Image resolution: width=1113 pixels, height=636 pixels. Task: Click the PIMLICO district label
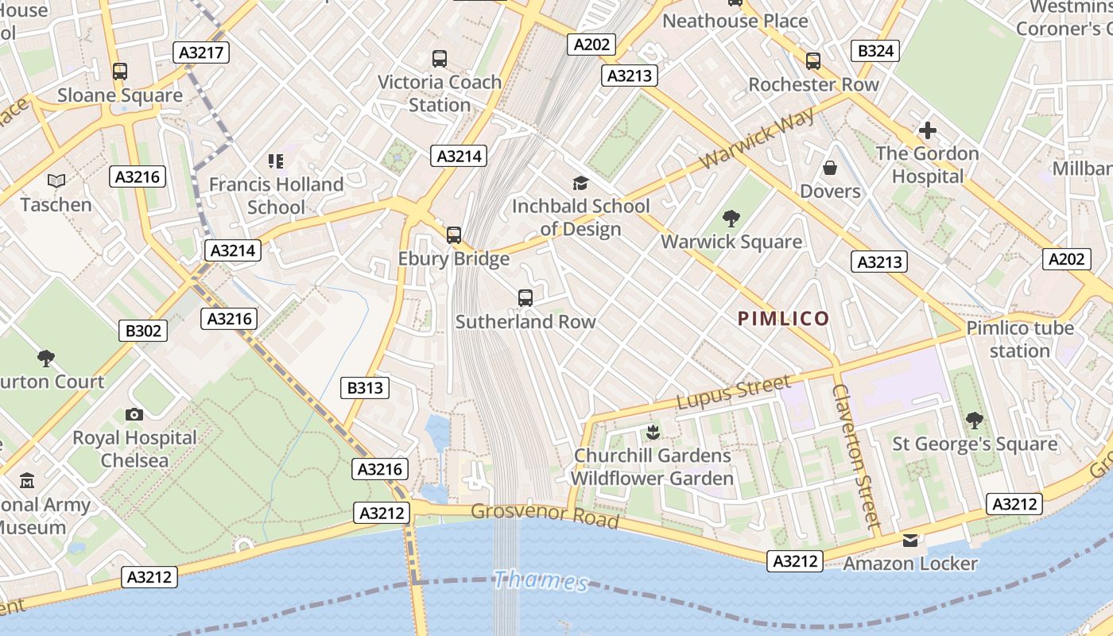[x=783, y=319]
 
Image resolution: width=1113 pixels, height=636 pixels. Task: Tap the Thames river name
[x=541, y=580]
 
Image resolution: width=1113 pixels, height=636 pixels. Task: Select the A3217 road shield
[x=201, y=52]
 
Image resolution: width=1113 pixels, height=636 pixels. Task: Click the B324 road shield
[x=876, y=52]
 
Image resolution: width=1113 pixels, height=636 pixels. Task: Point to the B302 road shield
[x=143, y=331]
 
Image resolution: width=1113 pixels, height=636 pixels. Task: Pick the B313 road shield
[x=366, y=388]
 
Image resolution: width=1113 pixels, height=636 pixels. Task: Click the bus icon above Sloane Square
[x=120, y=72]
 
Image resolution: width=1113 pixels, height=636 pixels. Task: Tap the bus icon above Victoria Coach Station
[x=440, y=58]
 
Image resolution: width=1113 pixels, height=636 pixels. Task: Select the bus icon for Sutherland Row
[x=525, y=298]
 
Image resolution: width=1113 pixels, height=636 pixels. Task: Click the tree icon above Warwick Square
[x=731, y=218]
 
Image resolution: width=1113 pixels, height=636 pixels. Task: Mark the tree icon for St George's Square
[x=975, y=420]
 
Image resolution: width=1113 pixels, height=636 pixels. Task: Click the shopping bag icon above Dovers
[x=830, y=168]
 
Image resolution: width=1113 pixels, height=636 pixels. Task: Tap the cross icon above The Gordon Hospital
[x=927, y=130]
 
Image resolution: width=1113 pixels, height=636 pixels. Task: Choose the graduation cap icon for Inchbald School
[x=580, y=183]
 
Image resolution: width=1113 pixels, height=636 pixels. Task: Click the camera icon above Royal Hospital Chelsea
[x=134, y=414]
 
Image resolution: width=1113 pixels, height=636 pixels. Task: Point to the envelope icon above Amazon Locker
[x=910, y=541]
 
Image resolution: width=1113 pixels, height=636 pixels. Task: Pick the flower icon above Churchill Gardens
[x=653, y=432]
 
